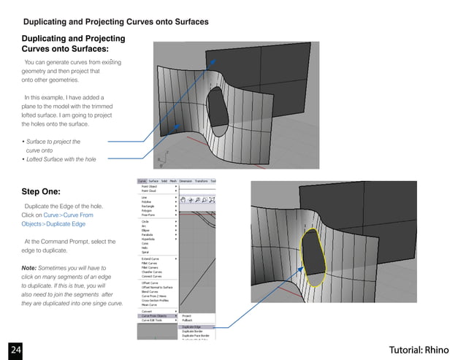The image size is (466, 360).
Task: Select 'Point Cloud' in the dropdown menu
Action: tap(150, 191)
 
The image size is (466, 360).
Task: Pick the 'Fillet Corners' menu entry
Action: tap(151, 267)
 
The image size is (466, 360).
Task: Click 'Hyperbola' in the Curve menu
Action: tap(150, 238)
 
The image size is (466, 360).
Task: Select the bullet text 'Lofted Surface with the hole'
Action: tap(60, 159)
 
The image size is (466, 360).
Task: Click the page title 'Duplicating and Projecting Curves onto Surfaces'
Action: tap(116, 22)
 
